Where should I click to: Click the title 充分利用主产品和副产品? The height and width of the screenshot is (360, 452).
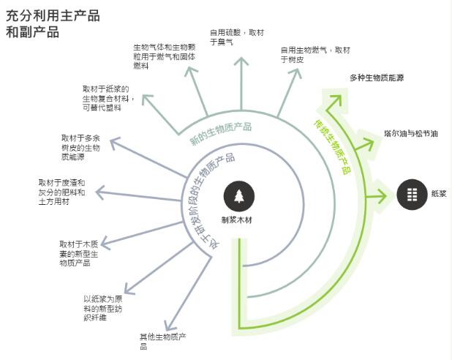[53, 24]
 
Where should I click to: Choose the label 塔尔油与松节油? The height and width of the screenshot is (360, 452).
[410, 134]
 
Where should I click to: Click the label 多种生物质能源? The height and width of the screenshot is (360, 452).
[376, 77]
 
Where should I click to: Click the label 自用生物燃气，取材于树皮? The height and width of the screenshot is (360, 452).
[315, 55]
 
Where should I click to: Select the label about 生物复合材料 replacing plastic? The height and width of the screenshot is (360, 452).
[107, 98]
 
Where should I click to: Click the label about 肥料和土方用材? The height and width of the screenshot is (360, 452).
[62, 192]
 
